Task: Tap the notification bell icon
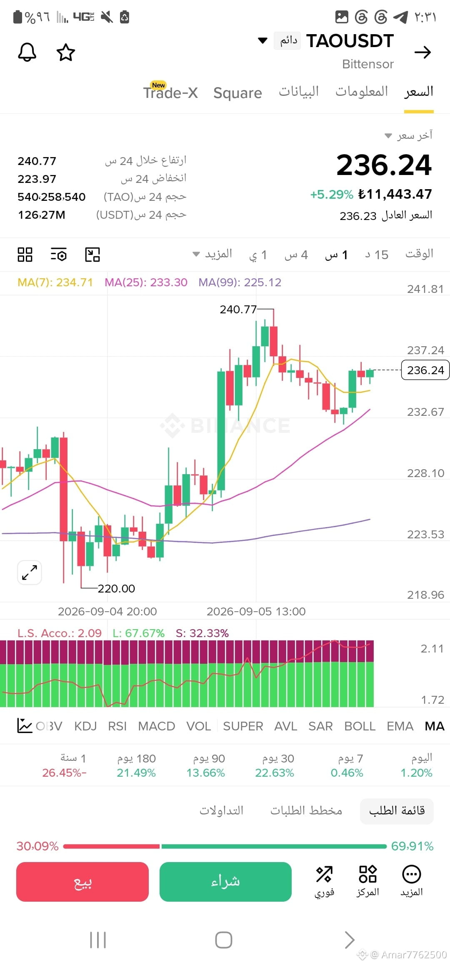point(27,52)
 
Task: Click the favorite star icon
point(66,52)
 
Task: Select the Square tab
point(237,93)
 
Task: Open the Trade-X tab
point(170,92)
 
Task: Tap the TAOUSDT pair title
point(350,41)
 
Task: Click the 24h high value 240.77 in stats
point(37,161)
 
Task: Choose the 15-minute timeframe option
point(377,255)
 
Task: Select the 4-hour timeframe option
point(296,255)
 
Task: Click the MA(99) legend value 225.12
point(262,282)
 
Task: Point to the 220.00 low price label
point(116,588)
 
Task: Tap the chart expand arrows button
point(30,572)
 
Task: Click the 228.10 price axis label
point(425,473)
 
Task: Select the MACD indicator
point(157,726)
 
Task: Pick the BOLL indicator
point(360,726)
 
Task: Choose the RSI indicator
point(117,726)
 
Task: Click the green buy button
point(225,882)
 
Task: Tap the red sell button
point(82,882)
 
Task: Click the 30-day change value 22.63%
point(275,773)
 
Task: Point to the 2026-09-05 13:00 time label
point(256,611)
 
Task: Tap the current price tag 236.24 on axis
point(425,370)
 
